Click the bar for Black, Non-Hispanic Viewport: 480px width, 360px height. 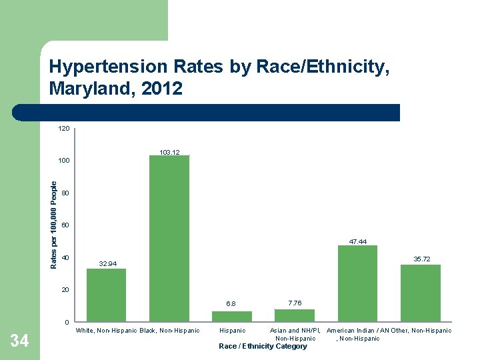point(169,239)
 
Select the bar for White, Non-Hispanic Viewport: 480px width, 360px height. point(106,295)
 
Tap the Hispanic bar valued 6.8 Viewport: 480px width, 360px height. point(232,317)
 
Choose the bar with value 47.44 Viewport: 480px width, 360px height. point(357,283)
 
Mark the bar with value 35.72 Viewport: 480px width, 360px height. point(420,293)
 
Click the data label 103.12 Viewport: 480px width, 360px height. point(169,153)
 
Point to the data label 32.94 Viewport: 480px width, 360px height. point(107,265)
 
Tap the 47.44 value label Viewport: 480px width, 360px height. point(358,241)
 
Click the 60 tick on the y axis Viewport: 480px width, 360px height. point(65,225)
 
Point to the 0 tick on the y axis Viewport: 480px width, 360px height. point(67,323)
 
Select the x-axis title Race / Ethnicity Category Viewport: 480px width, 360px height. point(263,346)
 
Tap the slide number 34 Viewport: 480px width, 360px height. point(19,341)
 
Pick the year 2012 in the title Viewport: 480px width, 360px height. point(163,88)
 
